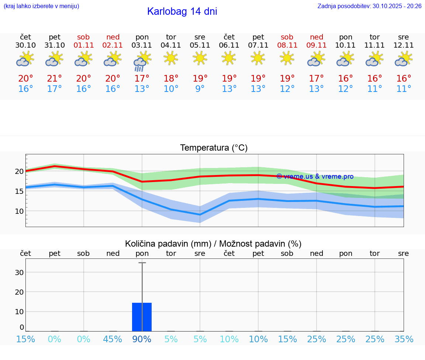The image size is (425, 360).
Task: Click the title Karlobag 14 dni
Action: (x=182, y=11)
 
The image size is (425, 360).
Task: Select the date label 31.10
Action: (x=55, y=45)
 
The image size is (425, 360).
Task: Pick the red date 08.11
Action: (x=287, y=45)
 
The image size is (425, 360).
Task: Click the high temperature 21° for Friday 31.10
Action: (x=55, y=79)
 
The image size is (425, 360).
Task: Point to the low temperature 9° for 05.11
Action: (x=200, y=89)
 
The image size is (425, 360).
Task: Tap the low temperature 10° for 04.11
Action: (x=171, y=89)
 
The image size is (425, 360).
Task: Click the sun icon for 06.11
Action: (x=229, y=58)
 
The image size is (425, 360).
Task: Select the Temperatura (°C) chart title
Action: (x=214, y=148)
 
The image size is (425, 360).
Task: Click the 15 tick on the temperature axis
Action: (x=19, y=191)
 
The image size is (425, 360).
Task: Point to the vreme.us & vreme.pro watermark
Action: (x=315, y=176)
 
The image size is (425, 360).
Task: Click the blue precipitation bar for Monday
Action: (x=142, y=317)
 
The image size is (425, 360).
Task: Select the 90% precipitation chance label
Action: (x=142, y=339)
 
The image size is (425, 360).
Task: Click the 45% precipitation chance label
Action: (x=113, y=339)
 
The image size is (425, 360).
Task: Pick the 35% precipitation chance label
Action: (x=404, y=339)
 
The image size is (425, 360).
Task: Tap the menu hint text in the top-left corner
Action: (x=41, y=6)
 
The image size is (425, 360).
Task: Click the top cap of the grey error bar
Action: (x=142, y=263)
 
